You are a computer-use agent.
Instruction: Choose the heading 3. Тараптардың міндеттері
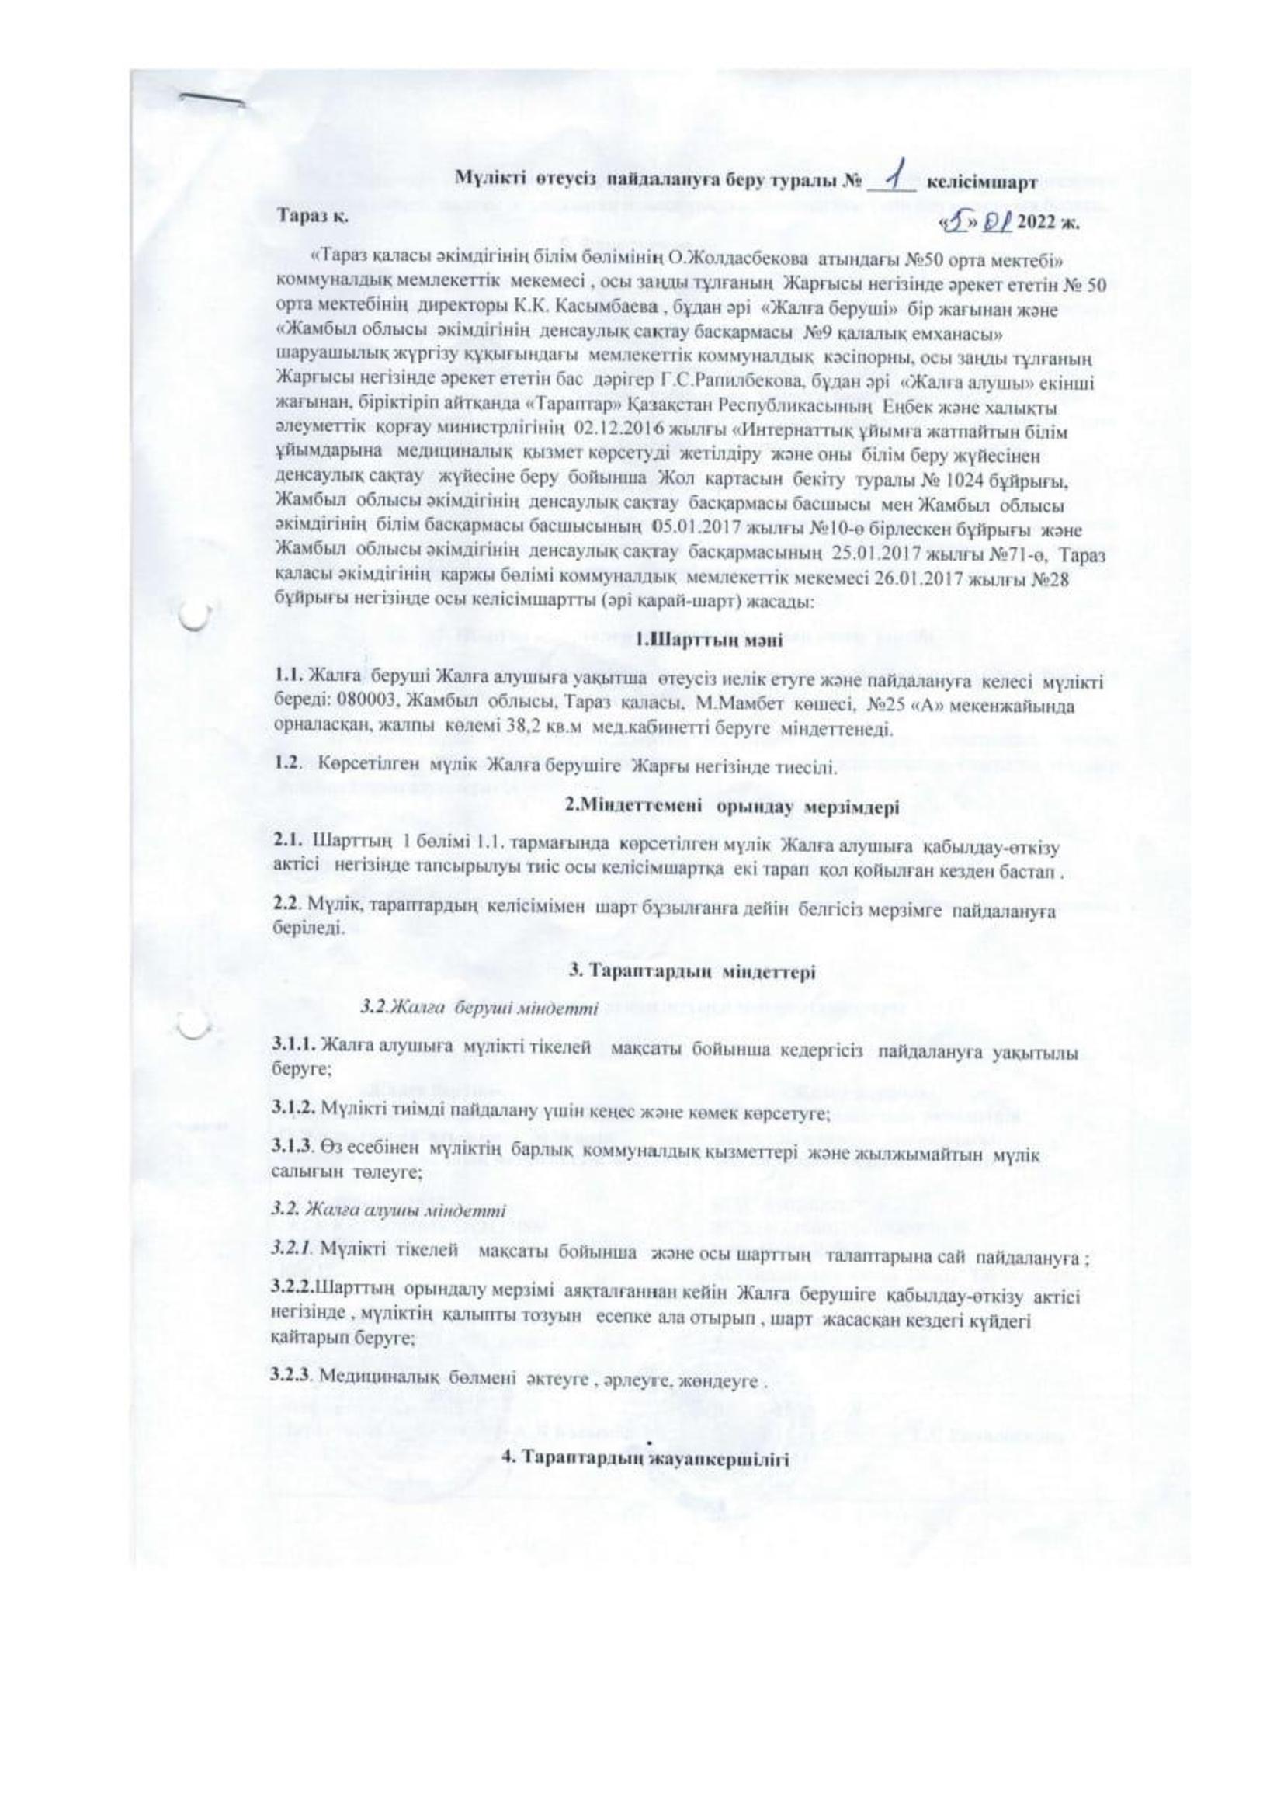tap(692, 974)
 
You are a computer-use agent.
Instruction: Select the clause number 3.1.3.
tap(293, 1156)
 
